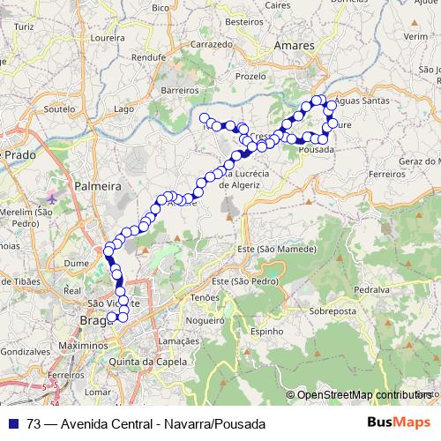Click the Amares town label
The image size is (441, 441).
pos(295,44)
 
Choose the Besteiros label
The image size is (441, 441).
pos(245,20)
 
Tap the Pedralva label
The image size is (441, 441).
pos(371,288)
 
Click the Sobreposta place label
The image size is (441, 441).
pos(333,311)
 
